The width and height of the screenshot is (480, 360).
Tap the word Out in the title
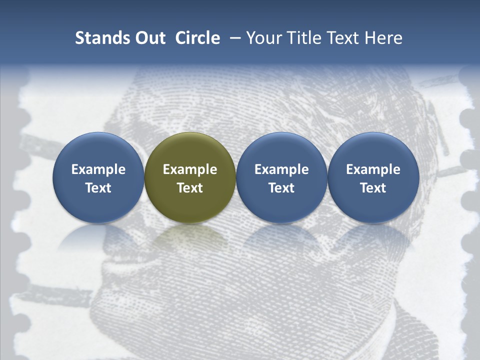(148, 38)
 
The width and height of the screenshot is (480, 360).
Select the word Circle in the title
(197, 38)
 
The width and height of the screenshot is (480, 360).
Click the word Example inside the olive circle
(190, 169)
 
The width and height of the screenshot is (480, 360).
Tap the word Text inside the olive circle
(190, 188)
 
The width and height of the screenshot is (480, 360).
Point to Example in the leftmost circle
(98, 169)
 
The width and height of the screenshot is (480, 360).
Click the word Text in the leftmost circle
(98, 188)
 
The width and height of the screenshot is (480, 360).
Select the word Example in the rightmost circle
(373, 169)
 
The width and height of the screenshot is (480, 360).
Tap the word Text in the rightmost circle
(373, 188)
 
